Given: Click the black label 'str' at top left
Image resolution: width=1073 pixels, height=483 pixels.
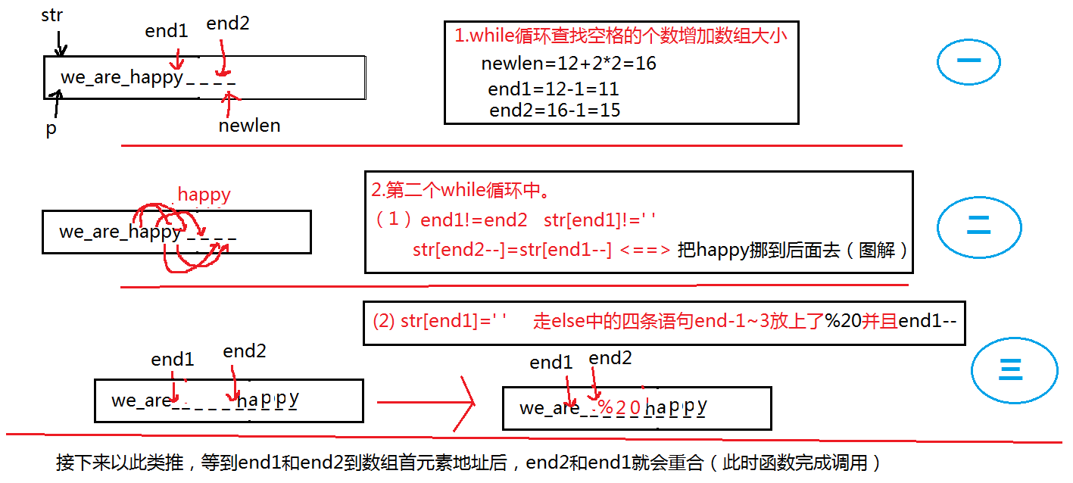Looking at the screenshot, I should [x=51, y=15].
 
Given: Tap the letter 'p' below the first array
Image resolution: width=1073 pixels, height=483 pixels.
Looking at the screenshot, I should [x=51, y=129].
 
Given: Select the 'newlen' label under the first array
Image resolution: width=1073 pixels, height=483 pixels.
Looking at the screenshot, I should [x=249, y=126].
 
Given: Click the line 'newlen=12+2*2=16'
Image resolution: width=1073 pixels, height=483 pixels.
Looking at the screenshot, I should [x=569, y=64].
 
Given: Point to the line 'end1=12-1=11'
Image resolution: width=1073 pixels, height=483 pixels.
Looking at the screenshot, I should [x=554, y=89].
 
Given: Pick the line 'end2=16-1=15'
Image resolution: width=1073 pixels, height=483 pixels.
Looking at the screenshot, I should [x=555, y=111].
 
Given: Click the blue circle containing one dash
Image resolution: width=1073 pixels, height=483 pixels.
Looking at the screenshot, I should [x=969, y=62].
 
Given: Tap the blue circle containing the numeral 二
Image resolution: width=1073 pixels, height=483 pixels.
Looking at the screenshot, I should [x=978, y=225].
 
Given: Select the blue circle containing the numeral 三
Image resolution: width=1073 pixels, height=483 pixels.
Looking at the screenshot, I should [x=1013, y=370].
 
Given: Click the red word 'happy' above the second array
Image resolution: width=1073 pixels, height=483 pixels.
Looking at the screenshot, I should [x=204, y=195].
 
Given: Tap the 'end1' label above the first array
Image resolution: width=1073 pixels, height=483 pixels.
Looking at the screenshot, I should [x=167, y=32].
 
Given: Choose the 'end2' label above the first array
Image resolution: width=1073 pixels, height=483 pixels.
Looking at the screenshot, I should [x=228, y=24].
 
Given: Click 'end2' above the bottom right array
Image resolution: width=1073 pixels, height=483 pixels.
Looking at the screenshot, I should [x=610, y=358].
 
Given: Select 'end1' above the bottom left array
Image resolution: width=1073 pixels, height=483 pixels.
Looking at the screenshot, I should [x=173, y=360].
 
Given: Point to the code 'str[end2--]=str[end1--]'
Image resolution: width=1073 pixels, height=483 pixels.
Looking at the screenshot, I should [x=512, y=250].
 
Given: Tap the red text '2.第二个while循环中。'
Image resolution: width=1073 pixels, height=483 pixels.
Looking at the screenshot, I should [x=459, y=190].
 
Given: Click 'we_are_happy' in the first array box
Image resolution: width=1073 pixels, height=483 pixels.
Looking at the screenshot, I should [x=122, y=77].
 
